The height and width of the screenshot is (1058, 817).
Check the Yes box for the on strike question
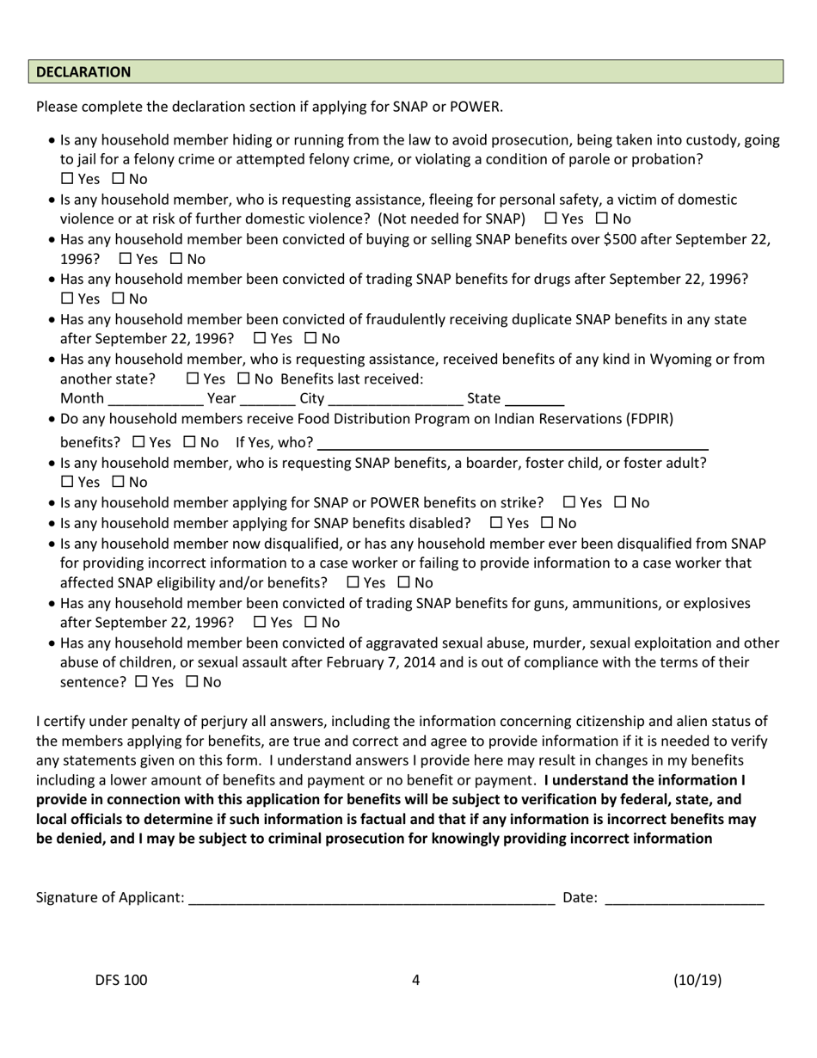[569, 502]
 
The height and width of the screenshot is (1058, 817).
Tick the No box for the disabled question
[548, 523]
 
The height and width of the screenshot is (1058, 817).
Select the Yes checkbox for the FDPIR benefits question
[140, 443]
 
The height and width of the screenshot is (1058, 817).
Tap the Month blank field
[155, 399]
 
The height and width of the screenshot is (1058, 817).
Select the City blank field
[396, 399]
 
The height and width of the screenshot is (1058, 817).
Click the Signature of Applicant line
[371, 899]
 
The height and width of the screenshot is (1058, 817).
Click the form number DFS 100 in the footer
[121, 980]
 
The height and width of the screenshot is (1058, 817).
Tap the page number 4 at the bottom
[415, 980]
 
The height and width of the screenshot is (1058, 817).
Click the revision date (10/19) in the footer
[697, 980]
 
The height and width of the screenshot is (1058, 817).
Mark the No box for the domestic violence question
[603, 219]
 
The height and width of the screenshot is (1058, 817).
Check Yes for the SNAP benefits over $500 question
[126, 259]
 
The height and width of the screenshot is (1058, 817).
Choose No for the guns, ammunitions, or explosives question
[311, 623]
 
